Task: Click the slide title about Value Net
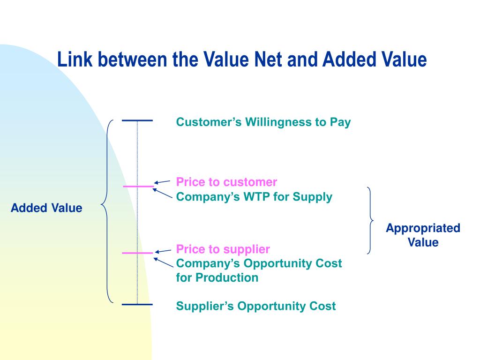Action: (242, 60)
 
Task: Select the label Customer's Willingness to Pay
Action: (263, 122)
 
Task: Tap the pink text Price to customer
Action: (226, 182)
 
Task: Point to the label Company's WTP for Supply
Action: (254, 197)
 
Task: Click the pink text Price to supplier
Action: (223, 248)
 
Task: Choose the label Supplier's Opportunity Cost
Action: (255, 306)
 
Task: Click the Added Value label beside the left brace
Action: (46, 208)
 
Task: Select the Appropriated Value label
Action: (423, 235)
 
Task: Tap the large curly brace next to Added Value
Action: (107, 211)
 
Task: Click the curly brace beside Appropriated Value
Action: (370, 220)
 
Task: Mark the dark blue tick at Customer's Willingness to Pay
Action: (137, 121)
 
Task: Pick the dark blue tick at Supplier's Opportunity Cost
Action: (137, 305)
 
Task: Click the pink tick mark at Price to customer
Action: (138, 187)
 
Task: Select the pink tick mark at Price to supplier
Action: (137, 253)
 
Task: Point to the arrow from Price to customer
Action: (162, 182)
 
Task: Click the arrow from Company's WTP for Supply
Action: (163, 194)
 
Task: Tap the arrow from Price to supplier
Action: (162, 251)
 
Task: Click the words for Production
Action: (217, 277)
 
